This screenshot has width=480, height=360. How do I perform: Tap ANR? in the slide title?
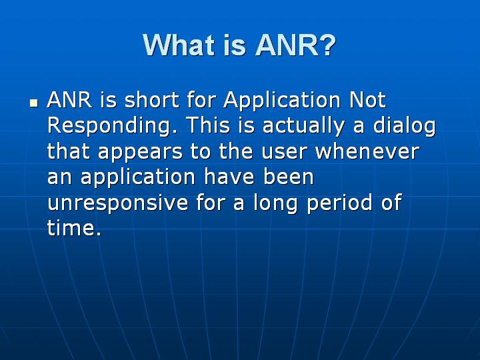coord(296,45)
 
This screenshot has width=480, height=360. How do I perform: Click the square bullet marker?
coord(33,105)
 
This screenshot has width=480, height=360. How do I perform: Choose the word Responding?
coord(112,126)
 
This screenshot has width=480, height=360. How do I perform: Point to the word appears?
coord(136,151)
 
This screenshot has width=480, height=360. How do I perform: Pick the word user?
coord(285,151)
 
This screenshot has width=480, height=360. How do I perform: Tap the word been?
coord(286,177)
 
